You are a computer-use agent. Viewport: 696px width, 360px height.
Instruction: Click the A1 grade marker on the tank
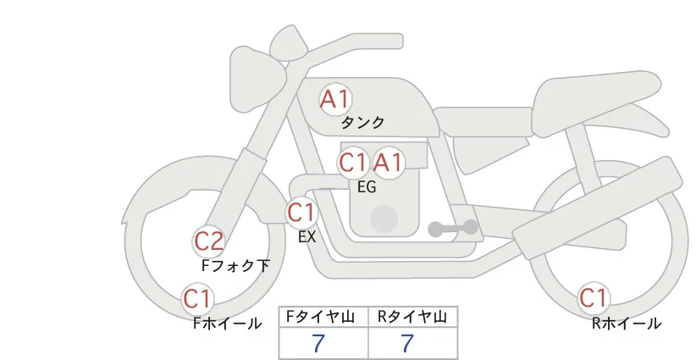[x=335, y=99]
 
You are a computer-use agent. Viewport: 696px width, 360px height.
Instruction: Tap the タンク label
[x=362, y=123]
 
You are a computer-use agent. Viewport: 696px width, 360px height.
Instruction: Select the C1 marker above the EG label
[x=353, y=163]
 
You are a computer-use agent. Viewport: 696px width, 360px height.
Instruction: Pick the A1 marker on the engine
[x=389, y=163]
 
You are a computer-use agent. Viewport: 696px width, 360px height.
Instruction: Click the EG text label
[x=367, y=187]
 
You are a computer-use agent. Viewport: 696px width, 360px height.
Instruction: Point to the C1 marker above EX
[x=301, y=212]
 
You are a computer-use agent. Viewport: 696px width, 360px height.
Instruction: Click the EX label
[x=307, y=237]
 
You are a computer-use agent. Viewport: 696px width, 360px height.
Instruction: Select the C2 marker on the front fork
[x=208, y=242]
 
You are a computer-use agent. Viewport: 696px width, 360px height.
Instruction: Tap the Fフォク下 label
[x=235, y=265]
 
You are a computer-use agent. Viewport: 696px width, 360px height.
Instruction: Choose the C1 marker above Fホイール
[x=197, y=299]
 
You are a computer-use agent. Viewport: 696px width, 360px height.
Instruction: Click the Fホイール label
[x=227, y=324]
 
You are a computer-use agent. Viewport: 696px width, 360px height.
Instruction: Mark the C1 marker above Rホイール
[x=594, y=298]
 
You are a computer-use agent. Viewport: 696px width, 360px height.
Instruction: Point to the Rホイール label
[x=627, y=324]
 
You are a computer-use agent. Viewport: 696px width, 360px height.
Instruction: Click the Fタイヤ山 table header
[x=320, y=317]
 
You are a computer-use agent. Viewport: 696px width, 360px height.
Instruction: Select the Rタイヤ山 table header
[x=412, y=317]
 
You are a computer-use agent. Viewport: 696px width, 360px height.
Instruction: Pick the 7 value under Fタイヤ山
[x=318, y=343]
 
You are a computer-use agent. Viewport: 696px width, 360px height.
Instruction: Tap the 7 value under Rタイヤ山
[x=407, y=343]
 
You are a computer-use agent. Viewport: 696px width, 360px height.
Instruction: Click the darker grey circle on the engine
[x=384, y=219]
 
